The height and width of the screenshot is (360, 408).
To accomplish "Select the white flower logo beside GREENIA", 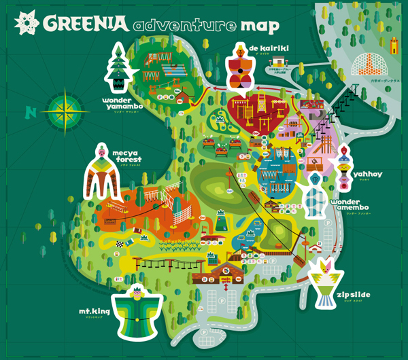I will coord(27,24).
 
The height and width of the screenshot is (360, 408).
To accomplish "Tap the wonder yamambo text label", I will coord(126,102).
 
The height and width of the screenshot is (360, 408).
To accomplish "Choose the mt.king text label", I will coord(94,312).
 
